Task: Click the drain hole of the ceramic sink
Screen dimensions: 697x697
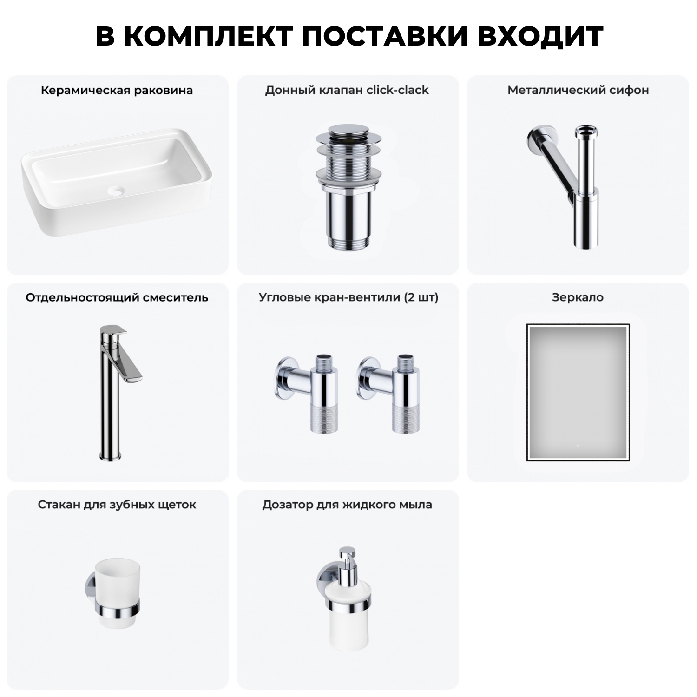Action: (x=117, y=190)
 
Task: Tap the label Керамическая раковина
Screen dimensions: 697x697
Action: (x=117, y=90)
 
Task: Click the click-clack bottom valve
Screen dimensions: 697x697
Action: (x=348, y=186)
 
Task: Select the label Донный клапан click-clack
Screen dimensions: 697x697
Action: (x=347, y=90)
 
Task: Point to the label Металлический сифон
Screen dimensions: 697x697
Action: (x=578, y=90)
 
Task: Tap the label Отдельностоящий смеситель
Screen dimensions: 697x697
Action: (x=117, y=297)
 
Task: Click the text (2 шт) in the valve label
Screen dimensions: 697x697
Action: (x=421, y=297)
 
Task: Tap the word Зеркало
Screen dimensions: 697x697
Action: (x=578, y=297)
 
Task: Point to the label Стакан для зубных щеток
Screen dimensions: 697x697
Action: (x=117, y=505)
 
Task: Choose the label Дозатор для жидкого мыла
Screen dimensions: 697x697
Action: (x=347, y=505)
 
